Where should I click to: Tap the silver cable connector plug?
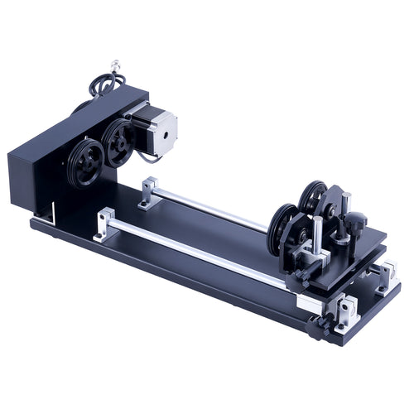coord(115,64)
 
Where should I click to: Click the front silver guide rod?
coord(199,249)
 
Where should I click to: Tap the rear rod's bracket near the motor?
coord(150,192)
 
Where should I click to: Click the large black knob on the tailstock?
coord(355,221)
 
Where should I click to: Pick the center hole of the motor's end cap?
coord(165,129)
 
